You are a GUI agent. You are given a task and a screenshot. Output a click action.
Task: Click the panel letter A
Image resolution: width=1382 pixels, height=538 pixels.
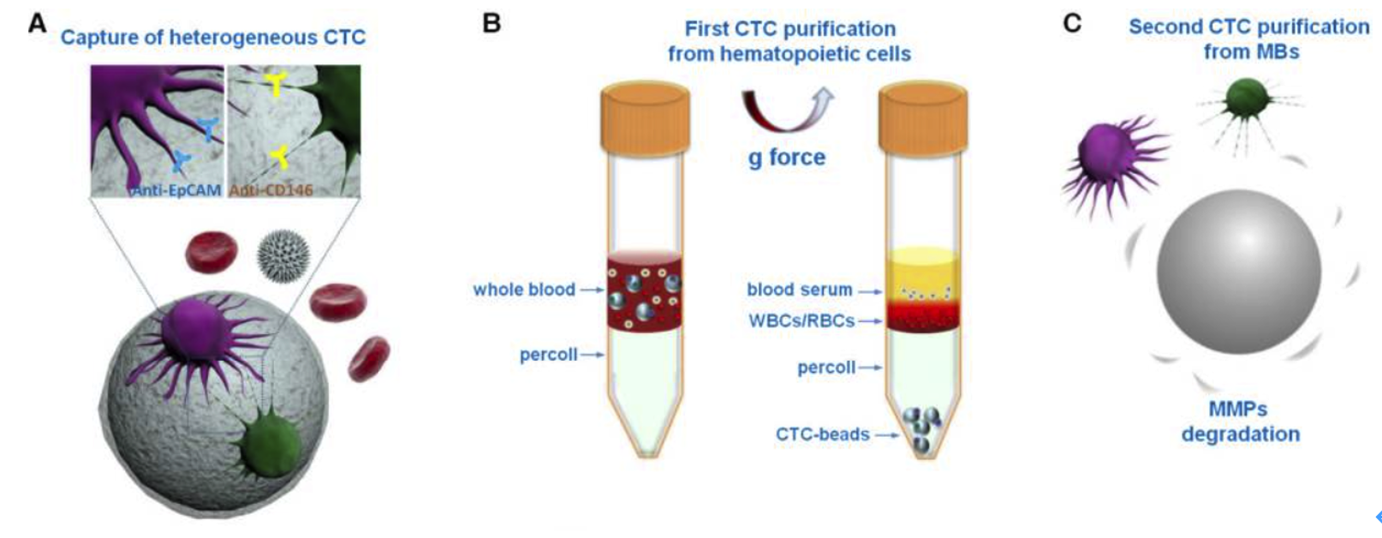(37, 23)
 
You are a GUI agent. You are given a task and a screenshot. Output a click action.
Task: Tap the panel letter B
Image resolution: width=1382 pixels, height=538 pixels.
(491, 23)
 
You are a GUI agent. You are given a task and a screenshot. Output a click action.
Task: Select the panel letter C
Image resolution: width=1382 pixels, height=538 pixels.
(1071, 23)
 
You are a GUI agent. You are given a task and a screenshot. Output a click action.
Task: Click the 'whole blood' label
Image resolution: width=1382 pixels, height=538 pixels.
(524, 290)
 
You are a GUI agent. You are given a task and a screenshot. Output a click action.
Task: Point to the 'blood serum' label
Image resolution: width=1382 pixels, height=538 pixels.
(800, 290)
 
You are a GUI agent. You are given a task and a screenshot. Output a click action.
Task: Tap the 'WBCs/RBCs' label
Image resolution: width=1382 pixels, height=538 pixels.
(801, 321)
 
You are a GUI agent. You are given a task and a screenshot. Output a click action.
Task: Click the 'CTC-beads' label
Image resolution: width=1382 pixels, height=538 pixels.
(823, 434)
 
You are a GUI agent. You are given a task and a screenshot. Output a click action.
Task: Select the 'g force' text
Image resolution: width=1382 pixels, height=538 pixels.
(787, 158)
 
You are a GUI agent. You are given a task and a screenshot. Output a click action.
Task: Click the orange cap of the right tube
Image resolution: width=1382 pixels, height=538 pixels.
(924, 111)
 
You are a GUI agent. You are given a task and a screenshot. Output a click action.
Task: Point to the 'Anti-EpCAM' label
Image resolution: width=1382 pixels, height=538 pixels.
(176, 190)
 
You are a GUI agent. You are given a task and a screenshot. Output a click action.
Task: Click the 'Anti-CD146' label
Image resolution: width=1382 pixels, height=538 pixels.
(271, 190)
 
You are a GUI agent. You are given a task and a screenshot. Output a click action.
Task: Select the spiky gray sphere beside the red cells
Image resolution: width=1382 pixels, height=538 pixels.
(283, 255)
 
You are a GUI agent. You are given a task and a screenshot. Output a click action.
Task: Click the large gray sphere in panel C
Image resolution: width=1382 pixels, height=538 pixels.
(1238, 272)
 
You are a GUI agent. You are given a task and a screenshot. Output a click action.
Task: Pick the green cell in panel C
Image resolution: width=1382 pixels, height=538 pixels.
(1247, 101)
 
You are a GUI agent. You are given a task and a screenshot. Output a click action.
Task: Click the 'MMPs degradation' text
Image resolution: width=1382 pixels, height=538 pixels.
(1240, 421)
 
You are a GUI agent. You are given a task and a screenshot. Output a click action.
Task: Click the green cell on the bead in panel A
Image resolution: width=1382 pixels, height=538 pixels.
(271, 446)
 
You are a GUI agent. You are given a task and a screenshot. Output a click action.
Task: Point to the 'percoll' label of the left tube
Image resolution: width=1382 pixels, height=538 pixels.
(548, 355)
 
